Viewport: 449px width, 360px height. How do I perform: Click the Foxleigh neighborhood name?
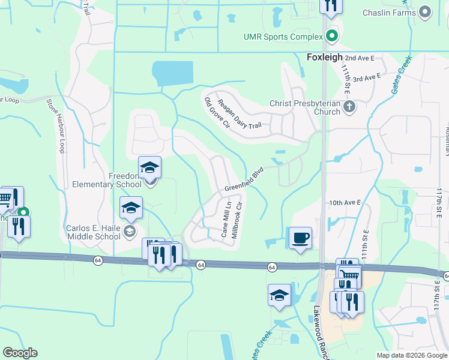[x=324, y=57]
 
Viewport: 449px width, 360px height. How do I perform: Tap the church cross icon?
[x=351, y=107]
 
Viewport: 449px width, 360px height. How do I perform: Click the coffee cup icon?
[x=300, y=238]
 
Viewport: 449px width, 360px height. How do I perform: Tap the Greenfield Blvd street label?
[x=244, y=180]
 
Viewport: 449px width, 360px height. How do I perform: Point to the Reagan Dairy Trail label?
[x=240, y=114]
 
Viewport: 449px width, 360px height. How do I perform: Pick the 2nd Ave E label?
[x=360, y=58]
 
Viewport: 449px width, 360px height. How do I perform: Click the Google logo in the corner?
[x=20, y=353]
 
